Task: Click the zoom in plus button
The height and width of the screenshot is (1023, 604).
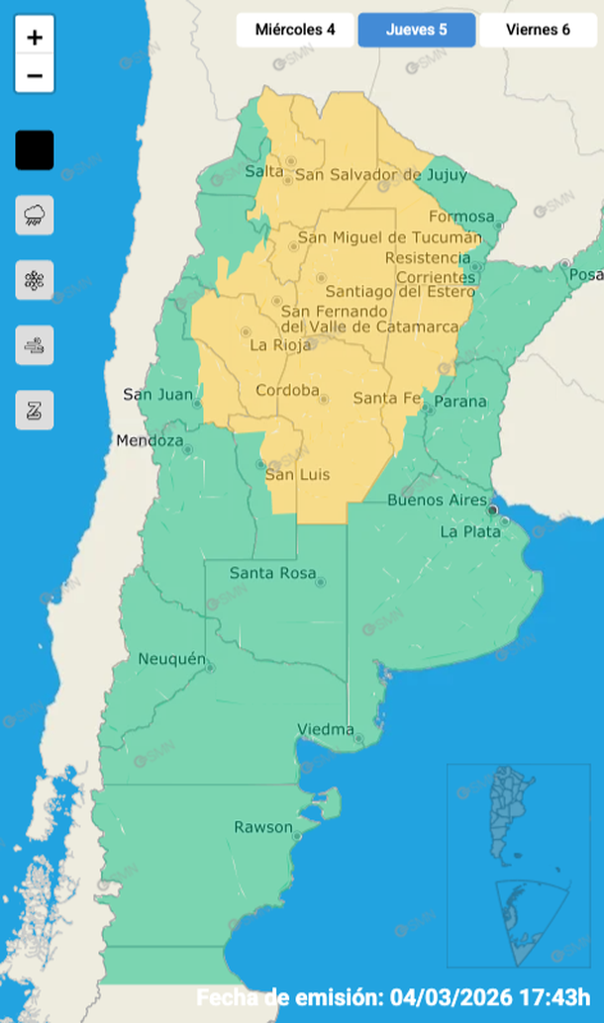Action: tap(35, 39)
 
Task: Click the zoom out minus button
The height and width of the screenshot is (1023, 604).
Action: tap(35, 75)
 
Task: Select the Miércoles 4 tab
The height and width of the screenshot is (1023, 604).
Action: tap(295, 30)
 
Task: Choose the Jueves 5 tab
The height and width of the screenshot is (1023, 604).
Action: tap(416, 30)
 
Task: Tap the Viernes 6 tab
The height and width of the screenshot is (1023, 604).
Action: tap(538, 30)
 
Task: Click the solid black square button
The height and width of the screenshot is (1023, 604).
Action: tap(35, 150)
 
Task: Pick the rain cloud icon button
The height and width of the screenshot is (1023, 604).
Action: tap(35, 215)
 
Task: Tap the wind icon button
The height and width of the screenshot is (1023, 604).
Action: tap(35, 345)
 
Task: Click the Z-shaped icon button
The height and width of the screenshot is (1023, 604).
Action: tap(35, 411)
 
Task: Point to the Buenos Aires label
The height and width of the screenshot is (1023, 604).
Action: tap(429, 500)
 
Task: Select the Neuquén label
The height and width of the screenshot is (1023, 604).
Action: tap(171, 659)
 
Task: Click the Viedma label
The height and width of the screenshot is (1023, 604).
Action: tap(326, 730)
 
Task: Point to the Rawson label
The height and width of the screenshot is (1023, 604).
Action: tap(262, 827)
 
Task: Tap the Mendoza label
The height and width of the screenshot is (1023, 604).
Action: tap(150, 440)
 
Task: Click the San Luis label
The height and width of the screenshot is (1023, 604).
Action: tap(297, 475)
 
